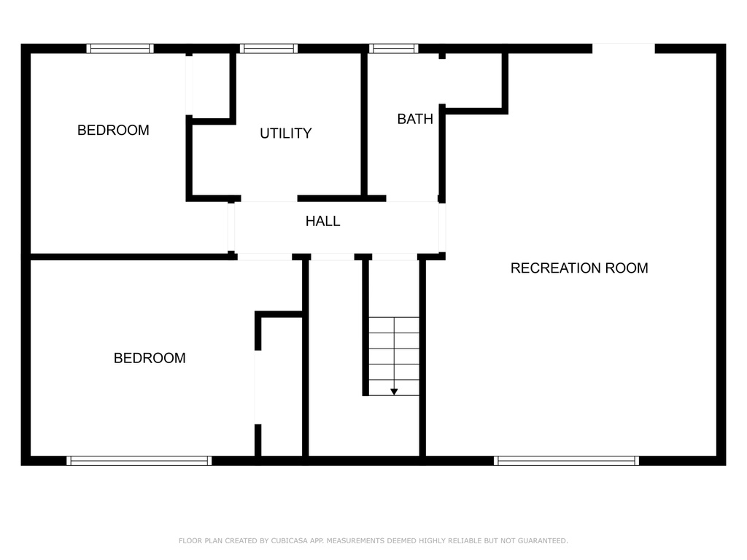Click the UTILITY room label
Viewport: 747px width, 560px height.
[x=286, y=133]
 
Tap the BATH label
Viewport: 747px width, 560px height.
[x=415, y=119]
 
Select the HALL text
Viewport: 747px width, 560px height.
[x=322, y=221]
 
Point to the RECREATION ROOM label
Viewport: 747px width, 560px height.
[x=579, y=268]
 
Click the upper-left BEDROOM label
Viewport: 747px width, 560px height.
[x=113, y=130]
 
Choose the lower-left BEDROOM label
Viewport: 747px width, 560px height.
[x=150, y=358]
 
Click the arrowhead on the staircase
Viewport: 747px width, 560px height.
[x=394, y=392]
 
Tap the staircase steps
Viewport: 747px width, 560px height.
[x=394, y=356]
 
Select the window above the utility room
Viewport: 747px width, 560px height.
[x=268, y=49]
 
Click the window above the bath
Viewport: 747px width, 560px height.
[x=393, y=49]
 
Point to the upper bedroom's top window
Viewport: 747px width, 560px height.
[x=120, y=49]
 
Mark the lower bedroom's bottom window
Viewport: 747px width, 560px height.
[x=139, y=461]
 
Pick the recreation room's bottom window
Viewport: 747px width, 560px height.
[x=566, y=461]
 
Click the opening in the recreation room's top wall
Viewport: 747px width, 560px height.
[x=624, y=49]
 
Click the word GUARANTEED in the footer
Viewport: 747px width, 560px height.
[x=543, y=540]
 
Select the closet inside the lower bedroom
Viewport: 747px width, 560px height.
[x=282, y=386]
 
